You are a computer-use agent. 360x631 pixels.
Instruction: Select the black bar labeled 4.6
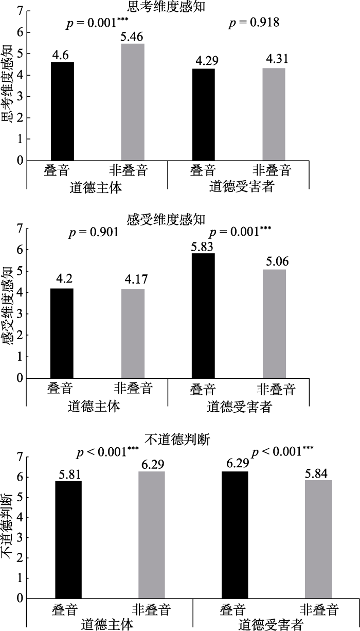click(62, 111)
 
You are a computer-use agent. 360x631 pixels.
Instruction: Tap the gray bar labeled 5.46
click(133, 102)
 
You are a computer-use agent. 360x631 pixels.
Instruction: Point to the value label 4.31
click(274, 59)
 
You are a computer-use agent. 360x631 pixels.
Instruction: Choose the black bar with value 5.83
click(203, 315)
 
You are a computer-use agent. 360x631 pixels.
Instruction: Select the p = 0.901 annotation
click(94, 232)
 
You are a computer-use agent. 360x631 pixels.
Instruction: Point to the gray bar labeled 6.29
click(152, 535)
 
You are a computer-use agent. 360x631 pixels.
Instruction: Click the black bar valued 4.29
click(203, 114)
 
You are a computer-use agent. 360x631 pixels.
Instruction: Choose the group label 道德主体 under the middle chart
click(95, 407)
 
